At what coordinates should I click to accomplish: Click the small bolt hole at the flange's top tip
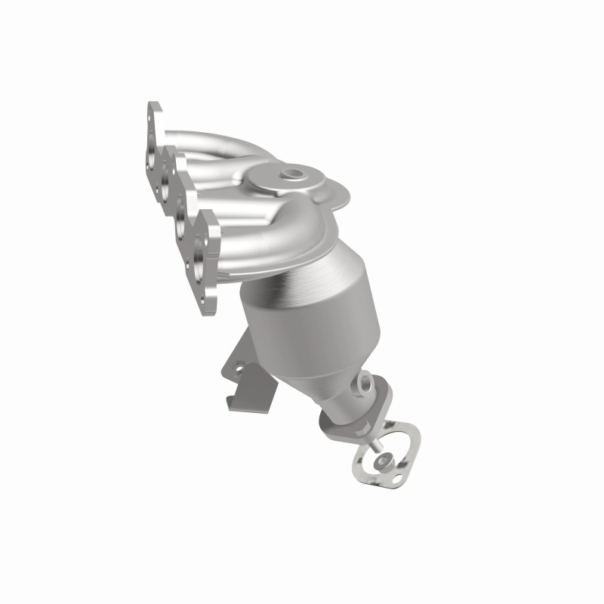(155, 113)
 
